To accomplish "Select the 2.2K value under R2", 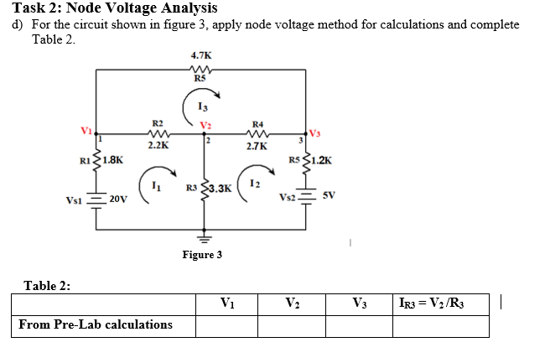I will click(158, 145).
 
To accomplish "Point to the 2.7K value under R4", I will click(257, 146).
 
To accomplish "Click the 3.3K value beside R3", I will click(219, 188).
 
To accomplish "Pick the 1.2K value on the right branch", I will click(322, 159).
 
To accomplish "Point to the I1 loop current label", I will click(156, 184).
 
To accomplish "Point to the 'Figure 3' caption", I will click(202, 254).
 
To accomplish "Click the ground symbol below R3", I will click(202, 237).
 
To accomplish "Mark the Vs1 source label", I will click(76, 200).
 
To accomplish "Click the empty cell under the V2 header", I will click(292, 324).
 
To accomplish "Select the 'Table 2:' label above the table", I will click(48, 285).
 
